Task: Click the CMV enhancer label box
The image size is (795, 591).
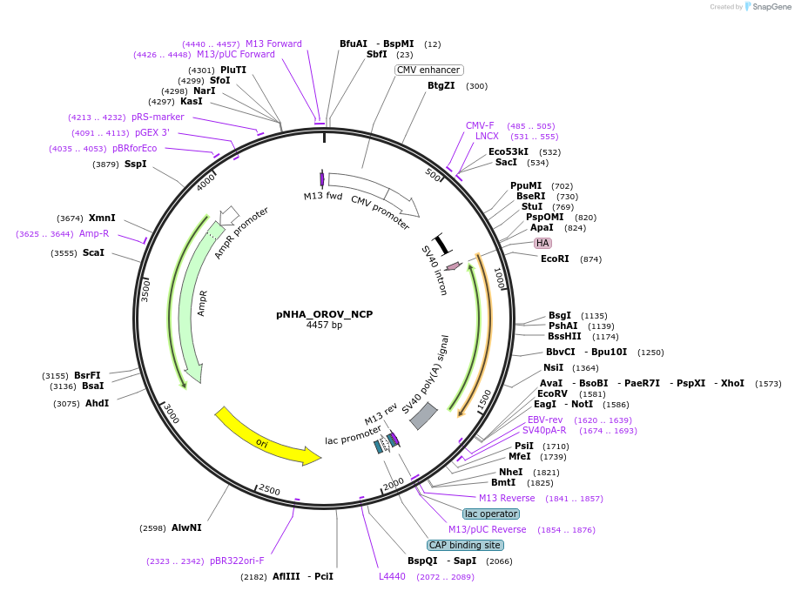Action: [428, 70]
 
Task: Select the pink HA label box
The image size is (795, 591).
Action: [542, 243]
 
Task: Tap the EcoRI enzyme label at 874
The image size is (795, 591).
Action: [554, 259]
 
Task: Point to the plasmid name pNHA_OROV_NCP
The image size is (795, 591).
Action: [324, 314]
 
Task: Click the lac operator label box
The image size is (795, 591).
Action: [491, 514]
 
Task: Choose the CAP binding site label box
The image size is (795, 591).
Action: [465, 545]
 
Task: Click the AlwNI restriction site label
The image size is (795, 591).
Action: [186, 527]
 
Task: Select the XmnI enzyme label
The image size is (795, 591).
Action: [102, 218]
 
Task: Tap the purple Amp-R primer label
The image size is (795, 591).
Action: [94, 233]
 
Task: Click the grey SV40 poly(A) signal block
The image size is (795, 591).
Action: [423, 415]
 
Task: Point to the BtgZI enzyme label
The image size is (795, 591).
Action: [441, 85]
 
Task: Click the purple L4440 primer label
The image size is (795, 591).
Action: [392, 576]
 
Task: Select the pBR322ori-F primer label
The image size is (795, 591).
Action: [237, 561]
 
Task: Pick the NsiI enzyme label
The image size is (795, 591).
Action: [554, 367]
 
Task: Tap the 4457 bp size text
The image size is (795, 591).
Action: [324, 326]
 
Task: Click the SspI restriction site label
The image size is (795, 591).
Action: [135, 164]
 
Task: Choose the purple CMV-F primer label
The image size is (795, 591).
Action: [480, 125]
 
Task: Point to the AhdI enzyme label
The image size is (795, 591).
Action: [97, 403]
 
